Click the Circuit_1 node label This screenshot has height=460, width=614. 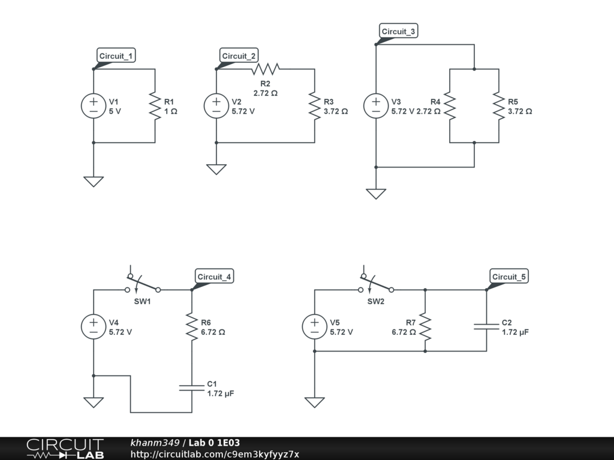pyautogui.click(x=116, y=56)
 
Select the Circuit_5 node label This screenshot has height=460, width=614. pyautogui.click(x=509, y=277)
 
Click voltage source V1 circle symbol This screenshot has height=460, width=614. pyautogui.click(x=94, y=106)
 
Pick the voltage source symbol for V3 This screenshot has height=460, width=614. pyautogui.click(x=376, y=106)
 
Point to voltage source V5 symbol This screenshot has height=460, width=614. pyautogui.click(x=314, y=326)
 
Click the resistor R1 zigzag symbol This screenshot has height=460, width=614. pyautogui.click(x=155, y=106)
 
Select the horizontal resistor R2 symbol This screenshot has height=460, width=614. pyautogui.click(x=265, y=69)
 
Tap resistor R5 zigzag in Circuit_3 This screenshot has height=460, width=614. pyautogui.click(x=499, y=106)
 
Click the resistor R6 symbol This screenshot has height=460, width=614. pyautogui.click(x=192, y=326)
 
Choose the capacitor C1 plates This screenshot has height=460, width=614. pyautogui.click(x=192, y=388)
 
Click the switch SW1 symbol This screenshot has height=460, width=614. pyautogui.click(x=143, y=284)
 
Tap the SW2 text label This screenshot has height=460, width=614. pyautogui.click(x=376, y=301)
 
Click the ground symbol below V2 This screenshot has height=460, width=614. pyautogui.click(x=216, y=169)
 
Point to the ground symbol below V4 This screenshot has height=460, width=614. pyautogui.click(x=94, y=402)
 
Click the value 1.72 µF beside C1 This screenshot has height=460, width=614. pyautogui.click(x=221, y=394)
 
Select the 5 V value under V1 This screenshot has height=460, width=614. pyautogui.click(x=115, y=111)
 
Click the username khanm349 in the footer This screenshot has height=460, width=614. pyautogui.click(x=155, y=443)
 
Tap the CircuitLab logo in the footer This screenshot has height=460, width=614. pyautogui.click(x=65, y=449)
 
